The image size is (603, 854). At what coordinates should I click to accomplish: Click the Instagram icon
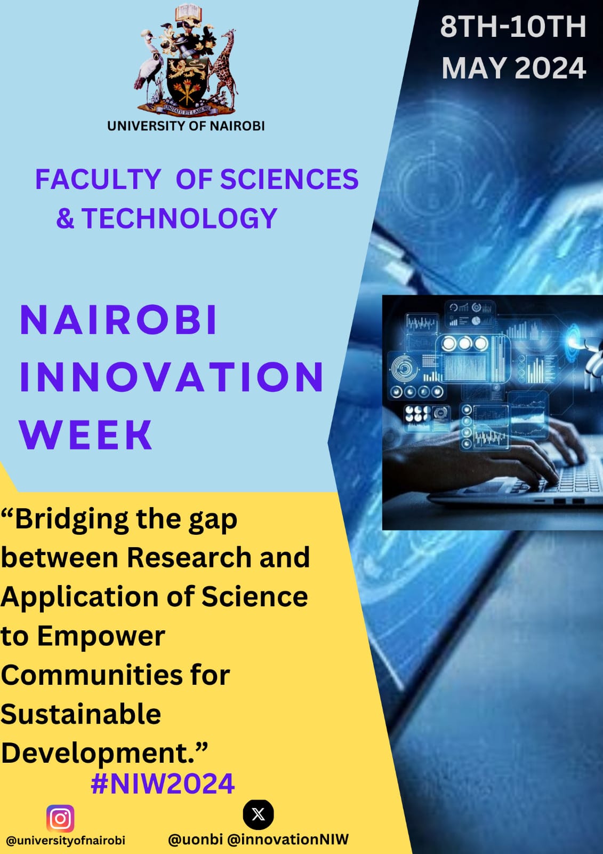pyautogui.click(x=60, y=819)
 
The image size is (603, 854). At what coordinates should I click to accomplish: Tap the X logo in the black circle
pyautogui.click(x=258, y=815)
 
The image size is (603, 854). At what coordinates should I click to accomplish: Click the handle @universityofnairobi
pyautogui.click(x=66, y=841)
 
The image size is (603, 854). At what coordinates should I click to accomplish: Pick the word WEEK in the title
pyautogui.click(x=86, y=435)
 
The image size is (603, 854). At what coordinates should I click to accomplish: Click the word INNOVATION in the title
pyautogui.click(x=172, y=377)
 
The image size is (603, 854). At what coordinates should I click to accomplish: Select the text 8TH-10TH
pyautogui.click(x=513, y=27)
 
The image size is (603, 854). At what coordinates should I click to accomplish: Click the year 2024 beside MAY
pyautogui.click(x=550, y=68)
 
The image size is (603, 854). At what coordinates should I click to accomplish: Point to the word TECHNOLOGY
pyautogui.click(x=180, y=218)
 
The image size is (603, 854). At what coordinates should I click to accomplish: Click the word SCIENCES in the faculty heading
pyautogui.click(x=290, y=179)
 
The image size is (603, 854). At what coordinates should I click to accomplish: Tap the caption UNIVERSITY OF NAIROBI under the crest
pyautogui.click(x=186, y=126)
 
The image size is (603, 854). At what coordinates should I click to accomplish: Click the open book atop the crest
pyautogui.click(x=188, y=13)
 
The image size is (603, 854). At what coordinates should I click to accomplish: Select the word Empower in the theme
pyautogui.click(x=101, y=637)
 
